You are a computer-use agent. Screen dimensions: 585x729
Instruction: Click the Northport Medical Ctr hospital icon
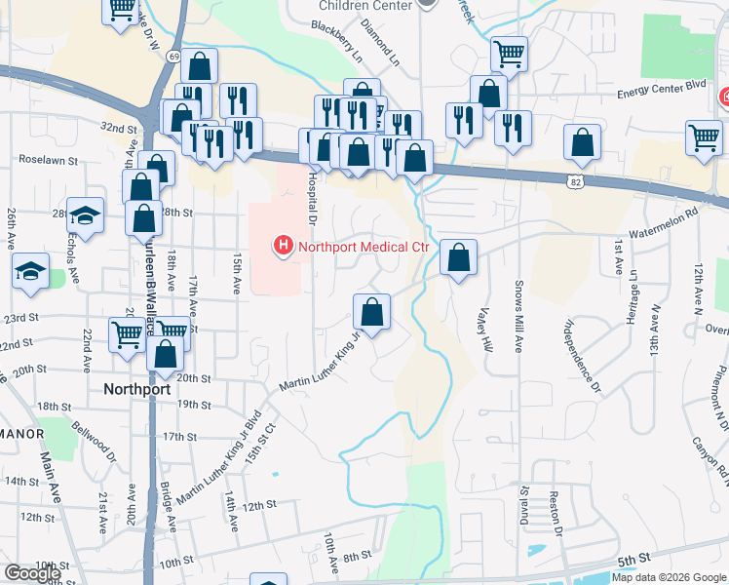(284, 247)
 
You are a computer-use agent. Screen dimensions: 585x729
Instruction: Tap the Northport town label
(137, 388)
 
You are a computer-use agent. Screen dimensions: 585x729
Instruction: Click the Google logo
(32, 573)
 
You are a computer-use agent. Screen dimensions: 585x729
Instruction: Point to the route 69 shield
(173, 58)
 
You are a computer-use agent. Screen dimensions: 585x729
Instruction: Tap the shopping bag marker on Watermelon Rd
(458, 258)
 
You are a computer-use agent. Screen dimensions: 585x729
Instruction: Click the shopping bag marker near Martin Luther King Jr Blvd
(371, 312)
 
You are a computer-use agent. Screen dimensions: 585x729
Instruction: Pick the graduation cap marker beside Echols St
(86, 216)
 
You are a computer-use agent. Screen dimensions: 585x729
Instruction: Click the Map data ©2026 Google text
(669, 577)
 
